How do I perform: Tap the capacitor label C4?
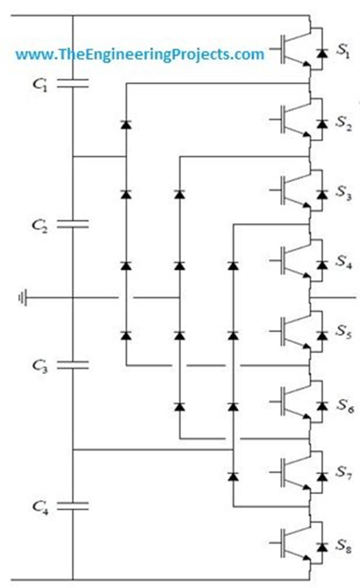coord(40,506)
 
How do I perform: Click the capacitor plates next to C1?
coord(73,83)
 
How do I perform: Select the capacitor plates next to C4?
coord(73,506)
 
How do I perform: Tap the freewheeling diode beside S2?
coord(322,124)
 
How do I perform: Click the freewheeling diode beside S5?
coord(322,335)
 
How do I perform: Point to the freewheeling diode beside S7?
coord(322,476)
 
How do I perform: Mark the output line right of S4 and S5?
coord(335,298)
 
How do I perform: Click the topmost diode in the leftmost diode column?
coord(126,124)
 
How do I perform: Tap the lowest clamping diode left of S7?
coord(233,476)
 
